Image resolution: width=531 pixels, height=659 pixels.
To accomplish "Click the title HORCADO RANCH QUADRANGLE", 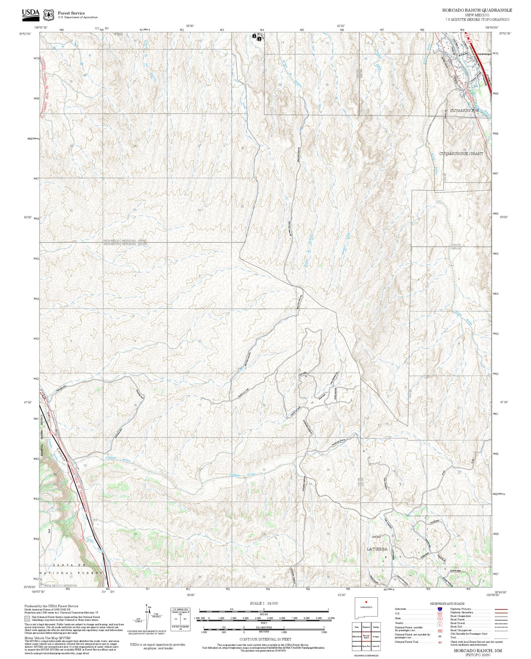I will (477, 10).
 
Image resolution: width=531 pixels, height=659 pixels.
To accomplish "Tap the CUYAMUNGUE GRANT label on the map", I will (461, 154).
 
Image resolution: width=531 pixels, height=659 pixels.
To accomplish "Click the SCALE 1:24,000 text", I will (264, 603).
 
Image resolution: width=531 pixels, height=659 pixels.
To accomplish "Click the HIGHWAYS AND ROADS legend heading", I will (447, 604).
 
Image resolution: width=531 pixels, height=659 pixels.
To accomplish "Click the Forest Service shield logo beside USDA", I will (48, 15).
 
